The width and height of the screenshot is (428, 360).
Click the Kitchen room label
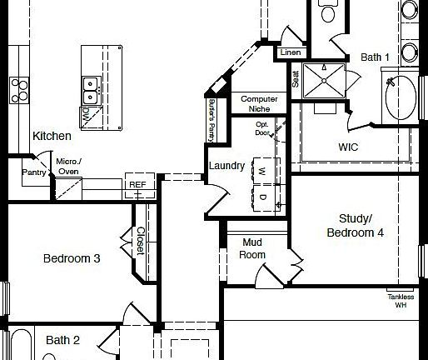pos(52,136)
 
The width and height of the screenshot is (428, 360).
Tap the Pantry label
pos(35,172)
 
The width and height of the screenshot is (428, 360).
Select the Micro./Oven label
pos(67,166)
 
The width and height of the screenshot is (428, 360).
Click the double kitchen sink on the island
pos(91,87)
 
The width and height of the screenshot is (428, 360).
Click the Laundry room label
pos(226,166)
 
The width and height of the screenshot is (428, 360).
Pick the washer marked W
pos(261,171)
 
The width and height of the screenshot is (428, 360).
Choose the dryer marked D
pos(261,197)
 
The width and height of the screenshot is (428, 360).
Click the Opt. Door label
pos(262,128)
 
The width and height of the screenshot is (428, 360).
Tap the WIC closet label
pos(348,147)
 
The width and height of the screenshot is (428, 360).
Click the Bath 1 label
pos(375,57)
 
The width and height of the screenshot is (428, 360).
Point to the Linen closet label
pos(291,52)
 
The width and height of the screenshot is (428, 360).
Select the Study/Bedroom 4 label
pos(355,226)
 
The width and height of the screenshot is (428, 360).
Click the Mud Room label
pos(253,248)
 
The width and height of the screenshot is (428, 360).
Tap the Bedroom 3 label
pos(72,259)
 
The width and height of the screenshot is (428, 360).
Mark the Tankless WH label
pos(401,301)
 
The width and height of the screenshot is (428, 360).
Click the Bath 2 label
pos(62,340)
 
